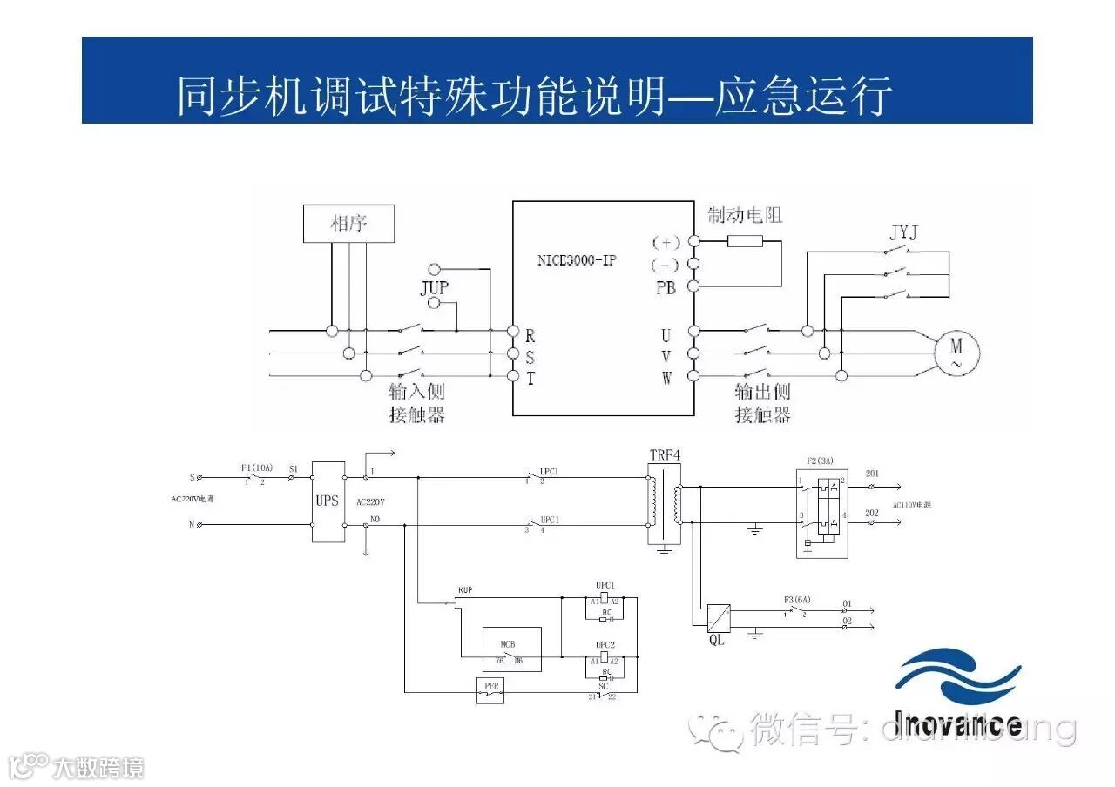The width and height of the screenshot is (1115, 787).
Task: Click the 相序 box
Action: click(348, 224)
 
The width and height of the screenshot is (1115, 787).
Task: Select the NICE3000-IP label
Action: click(577, 259)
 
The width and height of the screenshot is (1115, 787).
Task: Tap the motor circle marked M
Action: click(956, 353)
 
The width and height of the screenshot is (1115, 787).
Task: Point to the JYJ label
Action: click(903, 233)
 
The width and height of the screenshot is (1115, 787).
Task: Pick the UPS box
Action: click(327, 502)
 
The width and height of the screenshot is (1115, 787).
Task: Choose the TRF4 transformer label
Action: click(663, 455)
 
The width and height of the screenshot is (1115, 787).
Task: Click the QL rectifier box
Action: click(717, 616)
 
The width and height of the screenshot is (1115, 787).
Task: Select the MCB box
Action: click(511, 649)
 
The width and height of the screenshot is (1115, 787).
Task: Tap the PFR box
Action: click(491, 689)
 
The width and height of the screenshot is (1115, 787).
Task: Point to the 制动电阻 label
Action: click(745, 214)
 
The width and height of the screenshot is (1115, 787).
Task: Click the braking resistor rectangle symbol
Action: click(745, 241)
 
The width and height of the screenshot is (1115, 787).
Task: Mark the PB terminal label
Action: click(666, 287)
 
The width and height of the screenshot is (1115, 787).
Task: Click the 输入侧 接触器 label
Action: click(416, 404)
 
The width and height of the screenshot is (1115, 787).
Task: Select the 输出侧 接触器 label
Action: click(762, 404)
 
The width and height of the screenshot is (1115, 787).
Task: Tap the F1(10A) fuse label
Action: click(257, 467)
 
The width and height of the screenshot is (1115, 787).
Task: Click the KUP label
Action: click(465, 590)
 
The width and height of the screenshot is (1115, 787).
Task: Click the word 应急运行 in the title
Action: click(803, 96)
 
